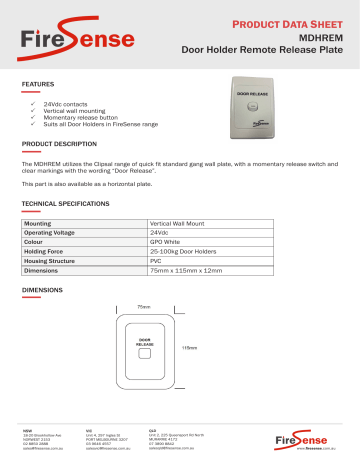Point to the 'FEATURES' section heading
coord(39,85)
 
